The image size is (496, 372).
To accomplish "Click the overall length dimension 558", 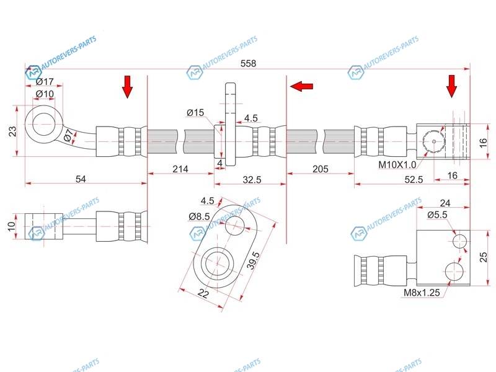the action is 248,63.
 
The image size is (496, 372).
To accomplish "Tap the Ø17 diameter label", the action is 45,82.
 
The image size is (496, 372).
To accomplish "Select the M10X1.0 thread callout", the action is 397,164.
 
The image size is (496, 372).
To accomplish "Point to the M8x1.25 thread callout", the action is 422,293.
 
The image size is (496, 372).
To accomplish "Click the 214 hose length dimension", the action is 180,169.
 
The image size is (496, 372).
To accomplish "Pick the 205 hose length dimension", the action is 321,169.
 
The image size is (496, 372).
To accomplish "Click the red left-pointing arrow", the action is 301,86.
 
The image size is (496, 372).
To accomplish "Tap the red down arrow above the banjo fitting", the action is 127,87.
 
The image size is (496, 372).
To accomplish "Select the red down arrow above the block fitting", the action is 452,86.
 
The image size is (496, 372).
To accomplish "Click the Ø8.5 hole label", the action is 199,216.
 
